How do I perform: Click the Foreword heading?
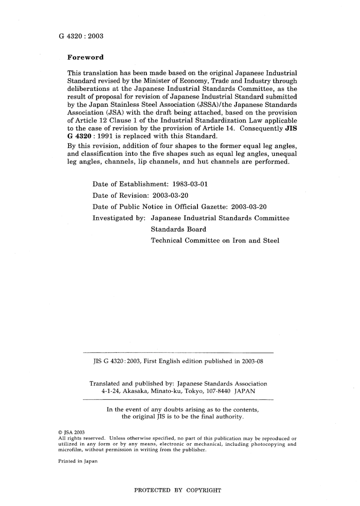[85, 58]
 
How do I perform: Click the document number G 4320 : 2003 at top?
[81, 36]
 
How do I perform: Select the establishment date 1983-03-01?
[190, 184]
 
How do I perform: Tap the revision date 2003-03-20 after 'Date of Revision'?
[170, 195]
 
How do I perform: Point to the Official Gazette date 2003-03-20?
[249, 207]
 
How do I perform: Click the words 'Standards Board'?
[178, 229]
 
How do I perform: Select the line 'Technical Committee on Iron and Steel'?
[215, 241]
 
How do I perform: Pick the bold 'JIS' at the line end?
[291, 128]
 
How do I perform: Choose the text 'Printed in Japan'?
[78, 461]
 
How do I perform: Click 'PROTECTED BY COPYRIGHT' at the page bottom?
[177, 490]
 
